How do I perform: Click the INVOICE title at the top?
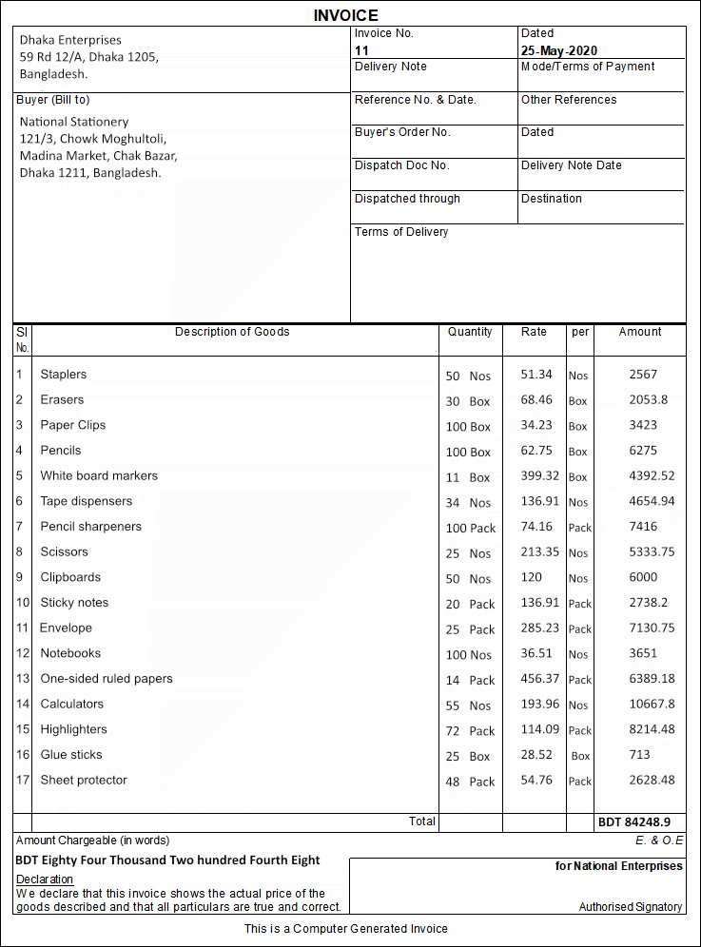click(x=346, y=15)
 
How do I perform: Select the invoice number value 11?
click(x=361, y=50)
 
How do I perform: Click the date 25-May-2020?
click(x=559, y=50)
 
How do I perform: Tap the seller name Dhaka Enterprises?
click(x=70, y=40)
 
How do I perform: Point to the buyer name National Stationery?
click(x=74, y=122)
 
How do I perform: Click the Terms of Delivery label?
click(x=401, y=232)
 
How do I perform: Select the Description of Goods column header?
click(x=232, y=332)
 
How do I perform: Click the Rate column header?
click(x=535, y=332)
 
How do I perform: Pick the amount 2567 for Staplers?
click(x=643, y=375)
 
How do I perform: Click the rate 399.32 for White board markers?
click(x=536, y=476)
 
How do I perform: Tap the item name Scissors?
click(x=64, y=552)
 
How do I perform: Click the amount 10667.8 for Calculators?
click(x=652, y=705)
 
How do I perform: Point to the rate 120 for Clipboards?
click(x=532, y=577)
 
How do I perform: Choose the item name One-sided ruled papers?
click(x=107, y=679)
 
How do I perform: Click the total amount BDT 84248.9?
click(x=634, y=821)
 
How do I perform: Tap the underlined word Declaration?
click(x=45, y=879)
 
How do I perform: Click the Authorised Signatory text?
click(x=631, y=907)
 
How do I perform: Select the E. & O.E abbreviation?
click(x=659, y=841)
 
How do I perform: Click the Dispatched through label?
click(x=407, y=199)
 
